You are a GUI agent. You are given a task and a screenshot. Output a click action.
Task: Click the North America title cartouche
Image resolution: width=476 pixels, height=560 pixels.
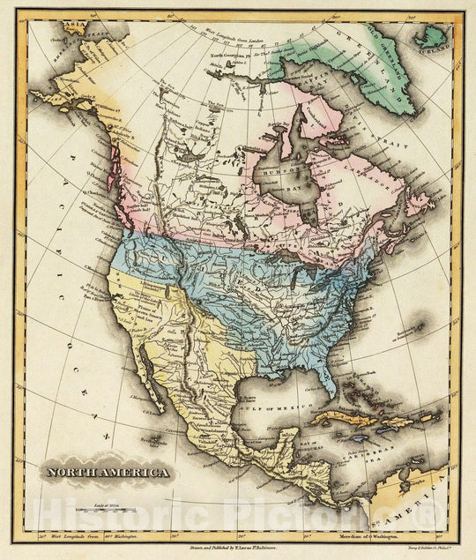pyautogui.click(x=108, y=473)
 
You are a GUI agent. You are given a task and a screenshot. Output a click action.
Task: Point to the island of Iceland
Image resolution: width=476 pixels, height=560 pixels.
pyautogui.click(x=431, y=36)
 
